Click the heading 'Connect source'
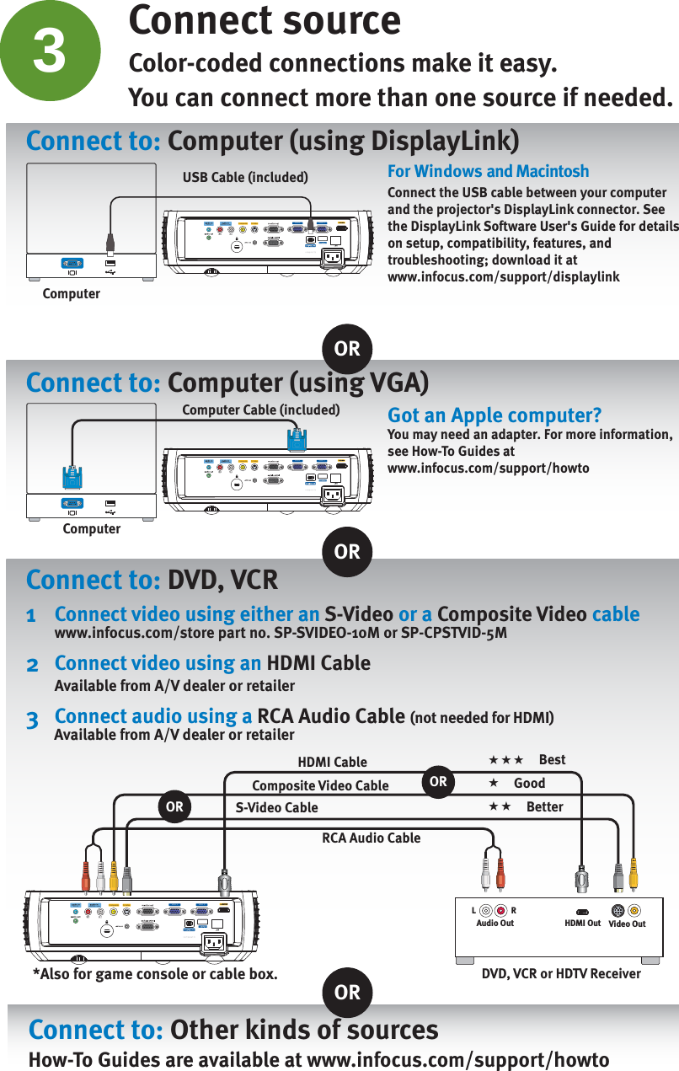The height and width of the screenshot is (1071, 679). [264, 20]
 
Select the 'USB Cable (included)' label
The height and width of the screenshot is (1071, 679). [245, 177]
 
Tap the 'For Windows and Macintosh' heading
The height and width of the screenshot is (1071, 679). [488, 171]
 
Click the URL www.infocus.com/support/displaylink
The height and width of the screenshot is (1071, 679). [503, 276]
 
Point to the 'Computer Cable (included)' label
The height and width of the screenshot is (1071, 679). [260, 410]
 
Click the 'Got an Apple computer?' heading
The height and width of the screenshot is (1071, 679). [494, 415]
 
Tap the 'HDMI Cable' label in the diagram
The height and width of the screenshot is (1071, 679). [332, 762]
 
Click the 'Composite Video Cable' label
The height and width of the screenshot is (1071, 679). [320, 785]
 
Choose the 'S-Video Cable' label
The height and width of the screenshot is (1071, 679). [276, 807]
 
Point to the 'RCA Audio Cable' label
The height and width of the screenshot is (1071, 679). [371, 838]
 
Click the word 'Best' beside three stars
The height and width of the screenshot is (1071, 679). [552, 759]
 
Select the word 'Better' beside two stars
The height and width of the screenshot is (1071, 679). [544, 806]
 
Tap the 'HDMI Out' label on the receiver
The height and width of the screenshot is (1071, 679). [582, 924]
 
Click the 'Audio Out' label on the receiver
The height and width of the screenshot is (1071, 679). [495, 924]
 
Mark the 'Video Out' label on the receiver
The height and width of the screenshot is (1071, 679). [627, 924]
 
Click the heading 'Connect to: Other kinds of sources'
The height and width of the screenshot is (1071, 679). [233, 1030]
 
